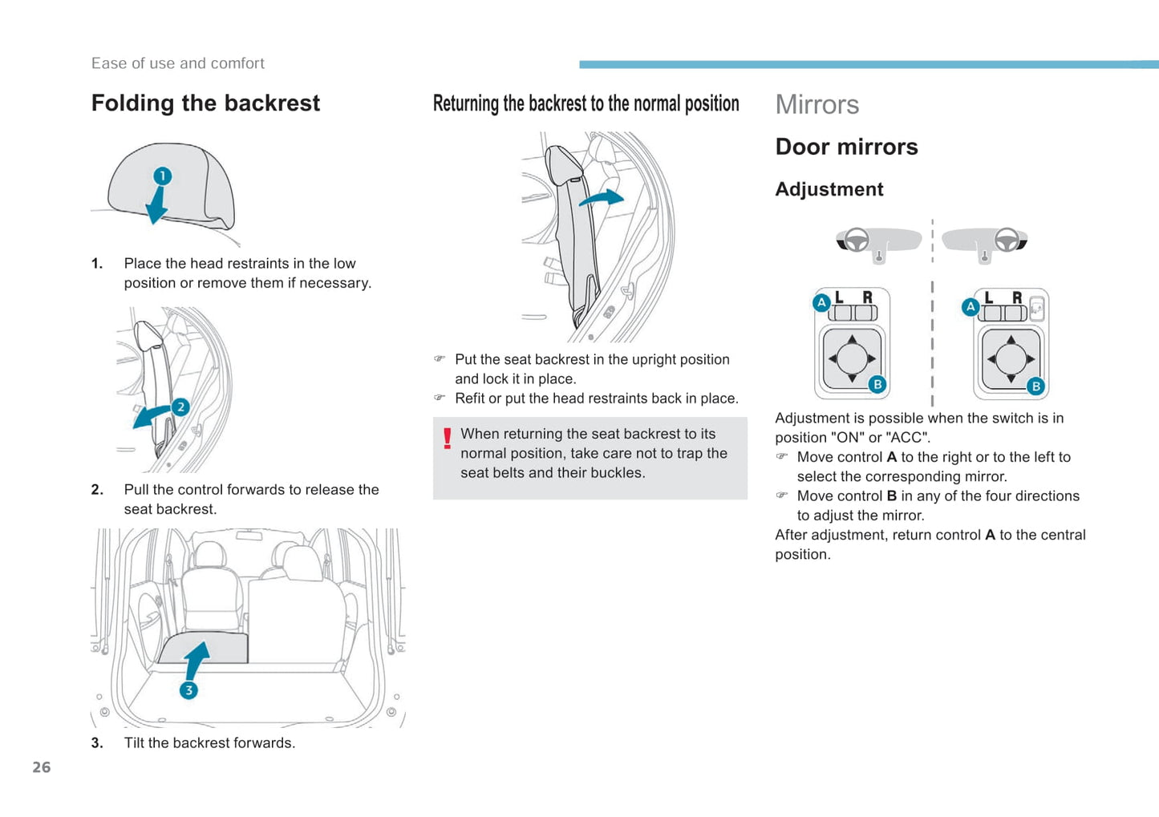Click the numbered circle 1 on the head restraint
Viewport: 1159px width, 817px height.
[x=162, y=176]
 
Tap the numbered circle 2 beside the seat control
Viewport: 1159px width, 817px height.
[x=180, y=407]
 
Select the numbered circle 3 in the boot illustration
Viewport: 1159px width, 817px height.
[x=188, y=690]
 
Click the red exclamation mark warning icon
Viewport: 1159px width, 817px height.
[x=447, y=439]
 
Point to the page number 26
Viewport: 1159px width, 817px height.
[x=42, y=767]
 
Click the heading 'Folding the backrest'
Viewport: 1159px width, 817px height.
[x=205, y=103]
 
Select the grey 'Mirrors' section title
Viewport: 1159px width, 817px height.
[x=817, y=105]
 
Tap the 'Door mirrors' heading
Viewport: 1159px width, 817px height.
[x=846, y=147]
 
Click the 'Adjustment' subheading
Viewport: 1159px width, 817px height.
[x=829, y=189]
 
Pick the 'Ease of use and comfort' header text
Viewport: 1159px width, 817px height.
[x=177, y=63]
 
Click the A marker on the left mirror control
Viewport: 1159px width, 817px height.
[x=821, y=303]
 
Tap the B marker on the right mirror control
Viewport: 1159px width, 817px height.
[x=1035, y=386]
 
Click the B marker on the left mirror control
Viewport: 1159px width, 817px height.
[x=877, y=385]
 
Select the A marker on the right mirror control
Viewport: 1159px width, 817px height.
[x=971, y=306]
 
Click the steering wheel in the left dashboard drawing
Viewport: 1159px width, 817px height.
[x=857, y=239]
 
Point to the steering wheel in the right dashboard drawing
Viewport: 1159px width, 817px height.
[x=1006, y=239]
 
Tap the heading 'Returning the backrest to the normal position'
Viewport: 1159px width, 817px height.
[x=586, y=103]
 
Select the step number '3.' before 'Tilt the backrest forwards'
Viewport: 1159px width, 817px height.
[x=97, y=743]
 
